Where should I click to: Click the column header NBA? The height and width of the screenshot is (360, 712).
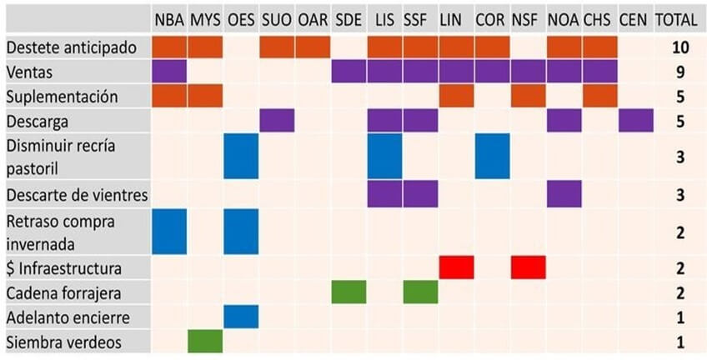pos(169,19)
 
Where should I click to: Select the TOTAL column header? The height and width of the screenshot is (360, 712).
pos(676,19)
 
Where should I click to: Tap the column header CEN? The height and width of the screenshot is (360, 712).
pos(635,19)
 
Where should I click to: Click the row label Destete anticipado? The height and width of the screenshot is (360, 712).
pos(71,47)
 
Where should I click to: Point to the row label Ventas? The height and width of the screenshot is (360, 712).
pos(29,72)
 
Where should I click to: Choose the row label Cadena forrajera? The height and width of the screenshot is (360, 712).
pos(62,293)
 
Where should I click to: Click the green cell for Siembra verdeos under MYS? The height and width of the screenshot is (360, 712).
pos(205,342)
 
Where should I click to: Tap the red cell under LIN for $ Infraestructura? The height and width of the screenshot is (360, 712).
pos(456,267)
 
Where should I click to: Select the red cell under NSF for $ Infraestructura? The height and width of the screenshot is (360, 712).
pos(529,267)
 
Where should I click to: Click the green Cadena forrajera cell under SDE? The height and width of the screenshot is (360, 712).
pos(348,292)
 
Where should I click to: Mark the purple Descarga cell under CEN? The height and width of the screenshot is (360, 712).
pos(636,121)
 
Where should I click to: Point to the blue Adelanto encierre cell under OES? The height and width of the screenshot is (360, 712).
pos(241,317)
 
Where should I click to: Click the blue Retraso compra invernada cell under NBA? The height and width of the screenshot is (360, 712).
pos(169,232)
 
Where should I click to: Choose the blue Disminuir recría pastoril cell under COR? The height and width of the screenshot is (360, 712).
pos(493,157)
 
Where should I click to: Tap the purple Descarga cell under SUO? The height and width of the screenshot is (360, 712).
pos(277,121)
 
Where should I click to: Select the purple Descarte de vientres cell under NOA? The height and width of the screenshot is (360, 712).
pos(564,195)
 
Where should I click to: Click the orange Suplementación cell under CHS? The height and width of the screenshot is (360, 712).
pos(600,96)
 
